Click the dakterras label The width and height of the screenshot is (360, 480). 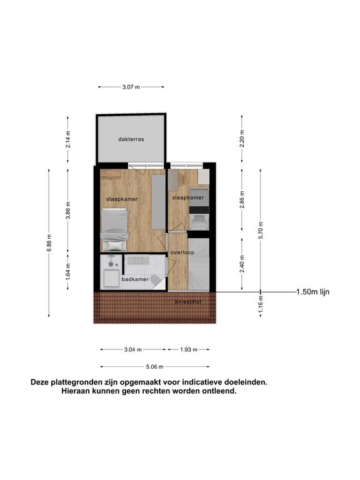[x=131, y=139]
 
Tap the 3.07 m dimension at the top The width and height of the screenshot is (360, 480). [x=131, y=87]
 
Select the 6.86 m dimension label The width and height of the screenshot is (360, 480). [x=49, y=242]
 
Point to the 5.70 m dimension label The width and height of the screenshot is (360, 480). [x=261, y=230]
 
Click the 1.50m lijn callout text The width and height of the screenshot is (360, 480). [x=313, y=292]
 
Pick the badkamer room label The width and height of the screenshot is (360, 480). [x=135, y=279]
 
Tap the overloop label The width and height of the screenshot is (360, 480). [x=182, y=252]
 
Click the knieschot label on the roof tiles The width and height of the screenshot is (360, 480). [x=188, y=302]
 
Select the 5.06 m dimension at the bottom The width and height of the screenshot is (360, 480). [x=154, y=367]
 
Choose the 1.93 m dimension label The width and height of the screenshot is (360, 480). [x=189, y=349]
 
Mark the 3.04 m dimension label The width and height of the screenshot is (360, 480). [x=132, y=349]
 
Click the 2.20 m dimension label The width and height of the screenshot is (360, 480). [x=242, y=138]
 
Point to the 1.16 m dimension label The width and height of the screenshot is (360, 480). [x=261, y=304]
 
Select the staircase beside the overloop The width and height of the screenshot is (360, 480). [x=199, y=264]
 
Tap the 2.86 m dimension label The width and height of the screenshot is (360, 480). [x=242, y=199]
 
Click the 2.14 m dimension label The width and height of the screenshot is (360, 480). [x=68, y=139]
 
